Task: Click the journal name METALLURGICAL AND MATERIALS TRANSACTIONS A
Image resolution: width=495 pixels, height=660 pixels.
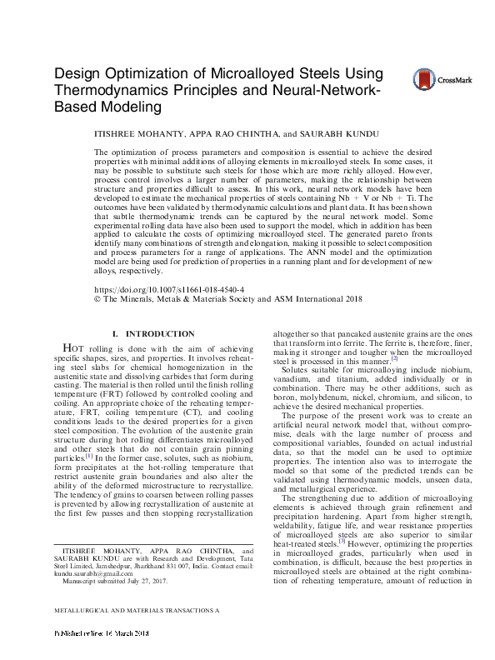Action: tap(136, 632)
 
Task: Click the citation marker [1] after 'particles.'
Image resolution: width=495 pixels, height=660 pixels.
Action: tap(88, 457)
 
